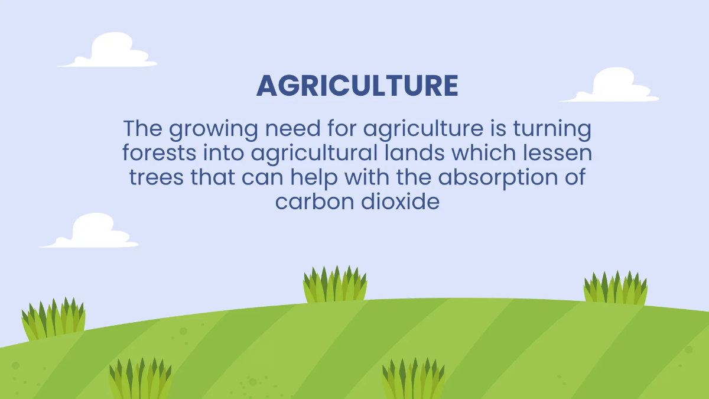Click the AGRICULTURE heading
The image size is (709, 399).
357,86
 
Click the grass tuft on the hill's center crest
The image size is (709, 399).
335,285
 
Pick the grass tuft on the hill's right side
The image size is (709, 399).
615,288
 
